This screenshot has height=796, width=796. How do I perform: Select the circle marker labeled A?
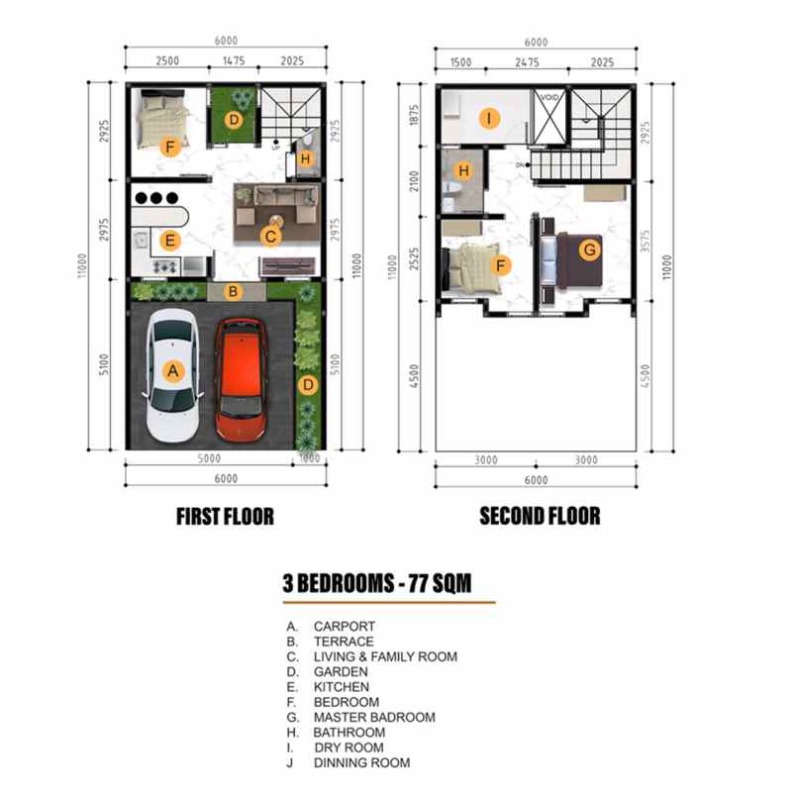pyautogui.click(x=173, y=371)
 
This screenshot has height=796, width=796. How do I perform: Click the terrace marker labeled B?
pyautogui.click(x=233, y=291)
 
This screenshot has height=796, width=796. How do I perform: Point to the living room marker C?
pyautogui.click(x=269, y=236)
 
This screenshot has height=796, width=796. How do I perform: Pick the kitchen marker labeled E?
pyautogui.click(x=170, y=240)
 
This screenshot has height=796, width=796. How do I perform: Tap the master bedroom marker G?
pyautogui.click(x=589, y=250)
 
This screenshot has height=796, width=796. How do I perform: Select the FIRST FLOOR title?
pyautogui.click(x=225, y=516)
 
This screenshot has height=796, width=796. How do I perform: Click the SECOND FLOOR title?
pyautogui.click(x=540, y=516)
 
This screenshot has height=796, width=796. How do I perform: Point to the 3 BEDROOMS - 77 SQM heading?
pyautogui.click(x=376, y=584)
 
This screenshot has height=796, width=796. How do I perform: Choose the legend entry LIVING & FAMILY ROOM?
pyautogui.click(x=385, y=656)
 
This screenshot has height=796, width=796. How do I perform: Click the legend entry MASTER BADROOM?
pyautogui.click(x=374, y=717)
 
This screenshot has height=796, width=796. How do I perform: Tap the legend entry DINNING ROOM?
pyautogui.click(x=361, y=762)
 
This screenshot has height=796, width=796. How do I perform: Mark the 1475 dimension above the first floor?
pyautogui.click(x=233, y=61)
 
